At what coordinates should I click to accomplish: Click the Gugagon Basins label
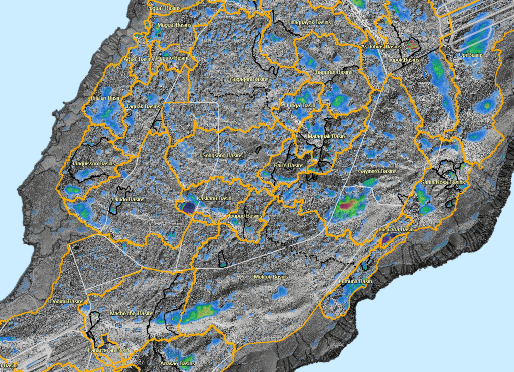249,79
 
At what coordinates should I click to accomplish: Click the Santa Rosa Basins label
443,182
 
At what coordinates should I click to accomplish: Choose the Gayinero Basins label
377,171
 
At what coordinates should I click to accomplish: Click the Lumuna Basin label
356,282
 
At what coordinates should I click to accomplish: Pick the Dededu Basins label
66,301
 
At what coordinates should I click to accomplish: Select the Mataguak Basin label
326,136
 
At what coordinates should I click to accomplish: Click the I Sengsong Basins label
221,156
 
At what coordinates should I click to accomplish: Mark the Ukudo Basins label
127,199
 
